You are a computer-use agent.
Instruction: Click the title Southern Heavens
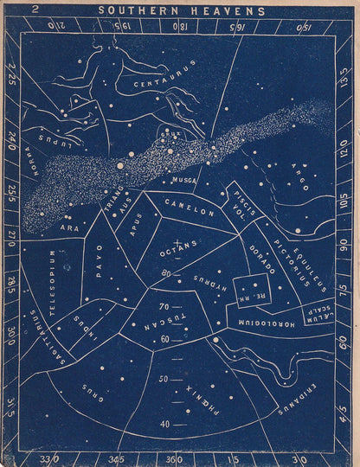pos(181,11)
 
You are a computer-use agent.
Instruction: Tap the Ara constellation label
pos(68,228)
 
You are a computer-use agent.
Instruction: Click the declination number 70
pos(163,306)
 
